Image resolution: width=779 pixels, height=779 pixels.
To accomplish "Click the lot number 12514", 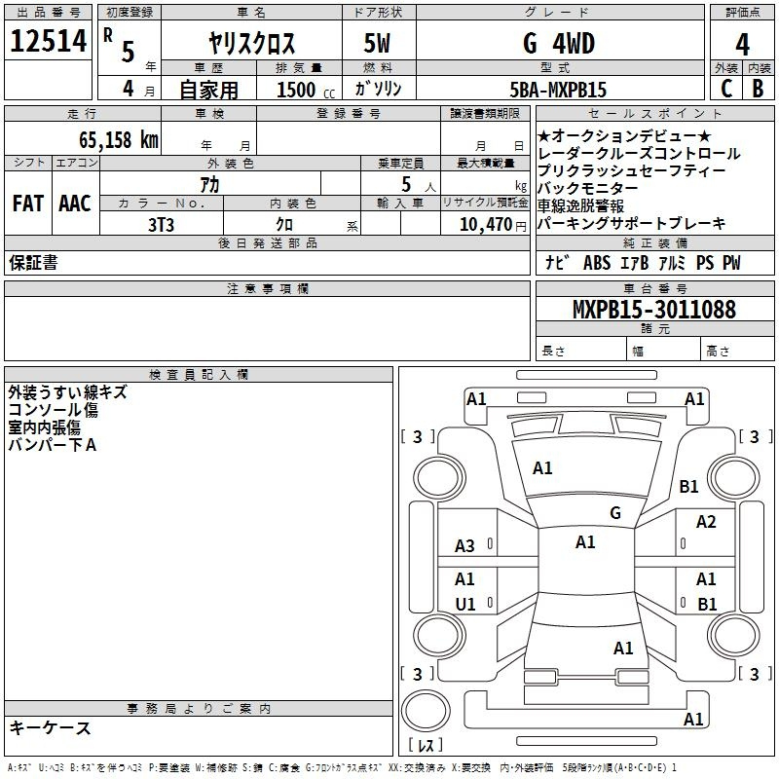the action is [x=48, y=41].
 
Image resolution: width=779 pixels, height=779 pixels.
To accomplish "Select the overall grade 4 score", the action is [x=742, y=45].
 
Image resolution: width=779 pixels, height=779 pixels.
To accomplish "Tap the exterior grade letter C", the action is [x=726, y=89].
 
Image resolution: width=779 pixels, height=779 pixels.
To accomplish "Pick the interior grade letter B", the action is [x=758, y=89].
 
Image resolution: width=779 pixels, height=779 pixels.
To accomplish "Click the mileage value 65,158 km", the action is [x=119, y=140].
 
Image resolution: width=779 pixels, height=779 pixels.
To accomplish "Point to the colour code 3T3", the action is [x=161, y=225].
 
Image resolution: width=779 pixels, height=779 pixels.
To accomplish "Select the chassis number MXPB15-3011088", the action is [x=654, y=310].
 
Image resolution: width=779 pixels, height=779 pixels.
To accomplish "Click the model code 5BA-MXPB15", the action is [x=558, y=90].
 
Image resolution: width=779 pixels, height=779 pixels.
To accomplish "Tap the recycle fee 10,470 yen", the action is [x=493, y=225].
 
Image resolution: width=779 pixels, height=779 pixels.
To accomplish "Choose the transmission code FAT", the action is [x=28, y=204].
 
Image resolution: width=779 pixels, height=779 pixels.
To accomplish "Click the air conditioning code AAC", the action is [x=75, y=204].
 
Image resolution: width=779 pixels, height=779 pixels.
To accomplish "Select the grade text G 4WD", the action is [x=559, y=44].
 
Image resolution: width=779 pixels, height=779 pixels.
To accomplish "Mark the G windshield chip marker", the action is [x=615, y=512].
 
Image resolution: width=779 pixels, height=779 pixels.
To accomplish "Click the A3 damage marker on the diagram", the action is [x=465, y=546].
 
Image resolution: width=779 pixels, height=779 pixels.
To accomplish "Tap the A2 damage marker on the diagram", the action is [x=706, y=522].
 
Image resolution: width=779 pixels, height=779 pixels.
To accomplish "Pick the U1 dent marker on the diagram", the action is [x=465, y=604].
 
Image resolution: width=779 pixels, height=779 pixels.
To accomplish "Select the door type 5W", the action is [x=377, y=43].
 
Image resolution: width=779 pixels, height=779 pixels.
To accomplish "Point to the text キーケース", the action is [x=51, y=727].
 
